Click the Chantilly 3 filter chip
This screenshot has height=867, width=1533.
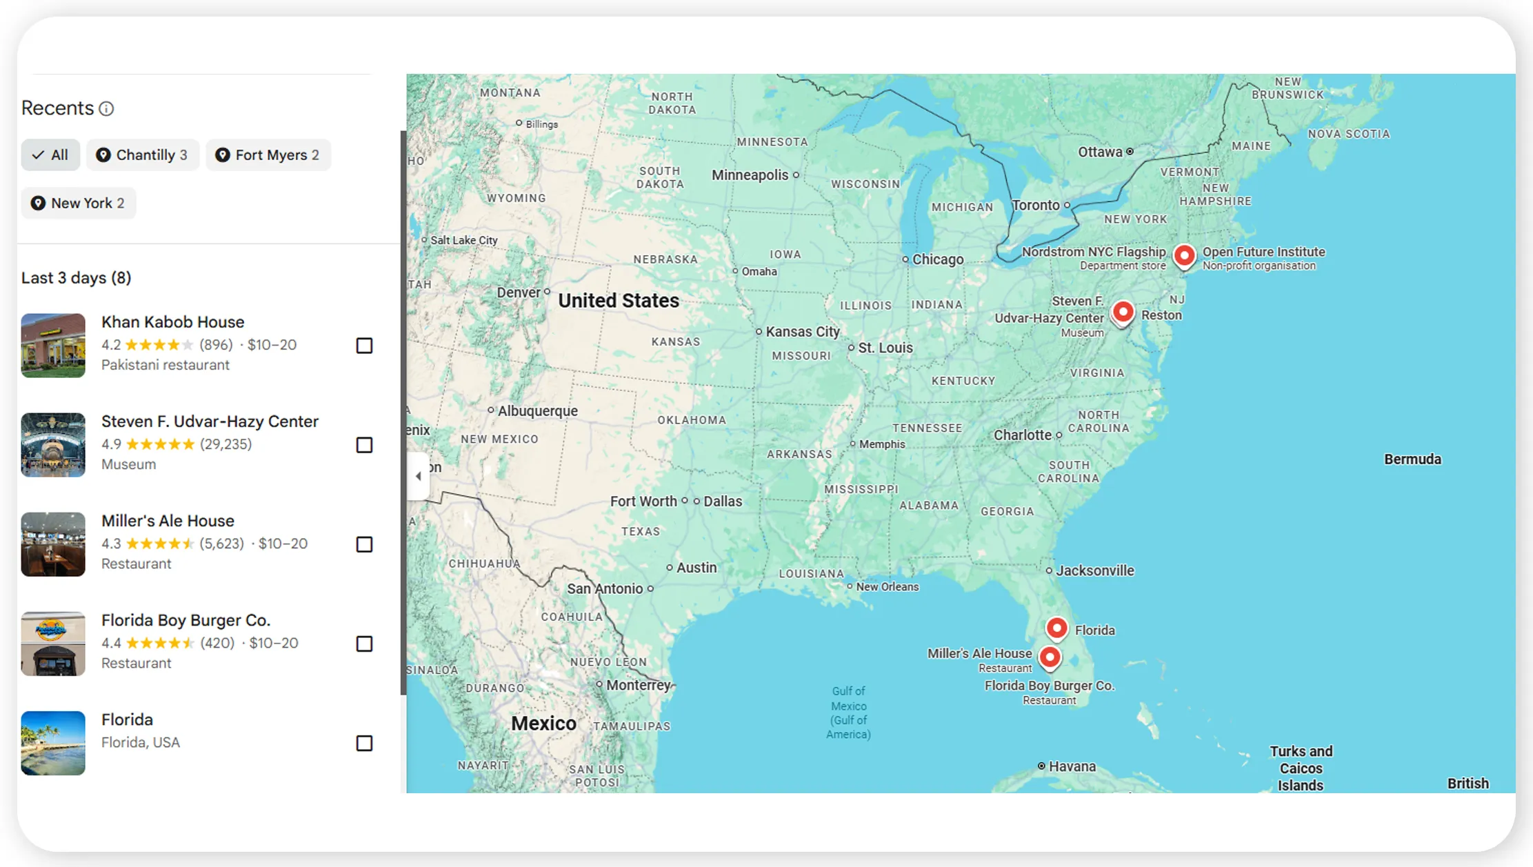(142, 155)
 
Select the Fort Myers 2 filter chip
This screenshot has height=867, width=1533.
(268, 155)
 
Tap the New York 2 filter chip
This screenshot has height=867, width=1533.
(78, 203)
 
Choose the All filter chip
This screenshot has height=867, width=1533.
(50, 155)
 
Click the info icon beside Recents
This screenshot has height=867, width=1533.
(106, 109)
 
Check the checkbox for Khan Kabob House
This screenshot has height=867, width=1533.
(364, 346)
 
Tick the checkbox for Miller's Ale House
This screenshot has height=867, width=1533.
(364, 544)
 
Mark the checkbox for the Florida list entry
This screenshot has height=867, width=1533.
(364, 743)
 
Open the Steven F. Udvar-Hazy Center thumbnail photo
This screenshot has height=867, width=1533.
(53, 445)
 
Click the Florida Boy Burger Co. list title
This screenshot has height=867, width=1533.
(186, 620)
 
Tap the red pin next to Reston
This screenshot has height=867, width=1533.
(1123, 312)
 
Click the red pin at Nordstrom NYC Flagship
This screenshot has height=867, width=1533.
(1184, 255)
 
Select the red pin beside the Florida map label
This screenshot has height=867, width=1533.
(1056, 628)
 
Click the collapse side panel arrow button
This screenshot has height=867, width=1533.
(418, 476)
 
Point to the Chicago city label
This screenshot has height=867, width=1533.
(937, 259)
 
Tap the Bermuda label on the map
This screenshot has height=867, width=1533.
(1412, 459)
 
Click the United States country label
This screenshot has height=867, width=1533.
(618, 301)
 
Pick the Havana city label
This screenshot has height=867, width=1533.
(1072, 766)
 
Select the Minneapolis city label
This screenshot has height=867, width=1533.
(750, 175)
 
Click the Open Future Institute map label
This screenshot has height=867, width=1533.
(1263, 252)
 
